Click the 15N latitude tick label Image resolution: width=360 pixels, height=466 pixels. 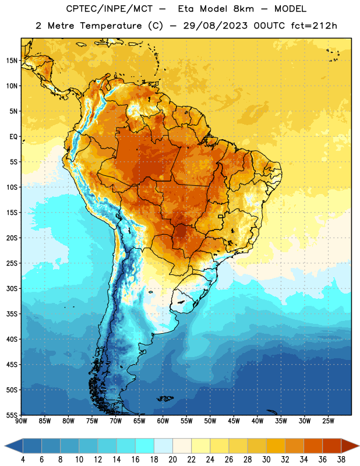[12, 61]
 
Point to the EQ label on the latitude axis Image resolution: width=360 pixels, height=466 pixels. [13, 137]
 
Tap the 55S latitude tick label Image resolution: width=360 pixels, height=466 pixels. [12, 415]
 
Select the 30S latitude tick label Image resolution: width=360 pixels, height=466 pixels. [12, 288]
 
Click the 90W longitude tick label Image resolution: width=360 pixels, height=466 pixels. [21, 421]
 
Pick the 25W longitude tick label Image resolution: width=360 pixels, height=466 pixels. [328, 421]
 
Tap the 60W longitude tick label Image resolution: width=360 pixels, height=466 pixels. [163, 421]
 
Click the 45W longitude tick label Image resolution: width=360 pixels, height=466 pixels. [234, 421]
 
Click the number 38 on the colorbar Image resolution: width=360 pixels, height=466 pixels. [341, 460]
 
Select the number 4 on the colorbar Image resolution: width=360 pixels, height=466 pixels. [23, 460]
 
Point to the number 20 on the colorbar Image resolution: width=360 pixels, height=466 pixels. [172, 460]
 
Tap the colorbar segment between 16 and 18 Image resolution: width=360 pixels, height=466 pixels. [144, 446]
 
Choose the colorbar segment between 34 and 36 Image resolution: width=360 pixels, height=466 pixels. [313, 446]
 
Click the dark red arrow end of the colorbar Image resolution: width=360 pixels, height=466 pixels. [350, 446]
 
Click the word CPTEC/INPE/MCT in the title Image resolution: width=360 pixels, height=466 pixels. [109, 9]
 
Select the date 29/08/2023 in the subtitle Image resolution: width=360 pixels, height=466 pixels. [215, 26]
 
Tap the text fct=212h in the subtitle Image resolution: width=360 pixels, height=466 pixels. [314, 26]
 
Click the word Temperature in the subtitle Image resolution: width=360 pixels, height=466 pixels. [111, 26]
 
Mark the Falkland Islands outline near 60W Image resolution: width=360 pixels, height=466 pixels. [165, 398]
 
